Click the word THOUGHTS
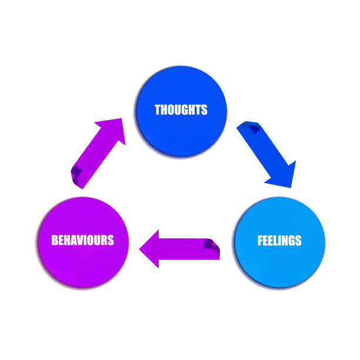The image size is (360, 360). coord(181,109)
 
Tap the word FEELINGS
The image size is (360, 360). coord(279,241)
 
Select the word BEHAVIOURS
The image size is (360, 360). coord(82,240)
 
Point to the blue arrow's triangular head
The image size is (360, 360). coord(282,177)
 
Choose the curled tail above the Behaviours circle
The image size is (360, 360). coord(78,175)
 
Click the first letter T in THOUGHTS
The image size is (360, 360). coord(157,109)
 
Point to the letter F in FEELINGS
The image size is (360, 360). coord(260,241)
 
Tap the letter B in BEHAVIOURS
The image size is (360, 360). coord(55,240)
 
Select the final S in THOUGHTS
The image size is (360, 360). coord(204,109)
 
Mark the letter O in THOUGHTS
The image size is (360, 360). coord(170,109)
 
